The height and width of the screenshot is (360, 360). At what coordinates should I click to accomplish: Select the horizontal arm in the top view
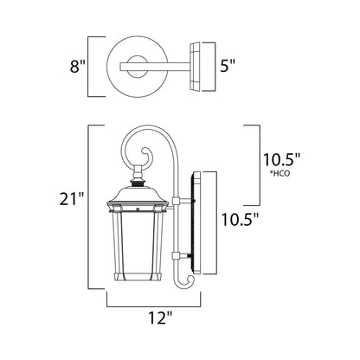[x=160, y=63]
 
